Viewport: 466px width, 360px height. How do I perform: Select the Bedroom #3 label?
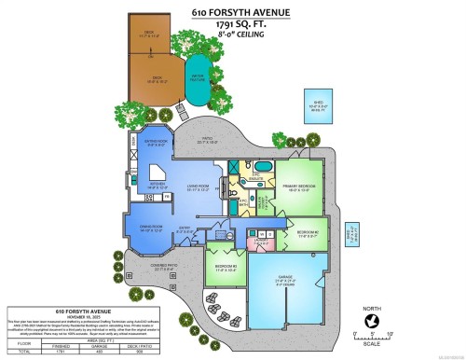point(224,270)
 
